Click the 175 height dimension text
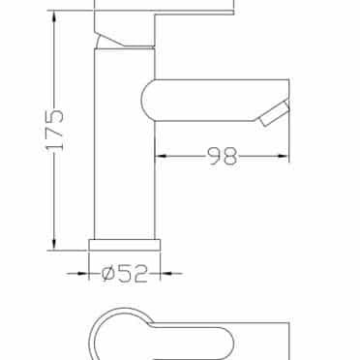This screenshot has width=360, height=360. tap(55, 130)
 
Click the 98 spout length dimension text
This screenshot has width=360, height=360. tap(223, 157)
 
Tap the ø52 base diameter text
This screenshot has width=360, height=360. tap(125, 274)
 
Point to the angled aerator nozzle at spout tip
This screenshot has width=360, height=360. tap(274, 113)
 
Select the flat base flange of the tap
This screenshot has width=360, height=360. tap(125, 245)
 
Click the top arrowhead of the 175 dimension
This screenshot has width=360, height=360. tap(55, 16)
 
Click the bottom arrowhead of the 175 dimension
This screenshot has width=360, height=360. tap(55, 244)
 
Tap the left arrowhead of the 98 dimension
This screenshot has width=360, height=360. tap(161, 157)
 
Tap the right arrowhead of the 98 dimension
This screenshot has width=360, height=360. tap(283, 157)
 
